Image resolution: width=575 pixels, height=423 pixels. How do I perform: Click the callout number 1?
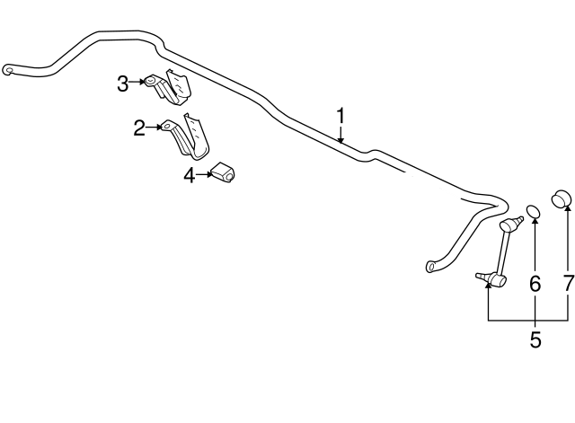[341, 115]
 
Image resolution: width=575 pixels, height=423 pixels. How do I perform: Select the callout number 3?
[123, 84]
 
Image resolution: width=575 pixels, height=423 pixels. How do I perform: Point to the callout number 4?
[190, 175]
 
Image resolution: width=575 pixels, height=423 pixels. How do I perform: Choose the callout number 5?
[535, 340]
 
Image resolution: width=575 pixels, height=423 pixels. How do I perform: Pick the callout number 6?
[535, 285]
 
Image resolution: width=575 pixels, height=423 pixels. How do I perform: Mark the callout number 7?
[568, 285]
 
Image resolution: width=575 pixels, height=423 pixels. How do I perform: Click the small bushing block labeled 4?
[223, 172]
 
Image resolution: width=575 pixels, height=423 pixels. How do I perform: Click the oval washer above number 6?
[534, 211]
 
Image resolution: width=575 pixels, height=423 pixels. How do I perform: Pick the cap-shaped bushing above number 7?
[563, 198]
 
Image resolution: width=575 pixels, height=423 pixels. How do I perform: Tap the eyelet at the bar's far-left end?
[8, 68]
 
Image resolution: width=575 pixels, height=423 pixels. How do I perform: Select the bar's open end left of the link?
[431, 266]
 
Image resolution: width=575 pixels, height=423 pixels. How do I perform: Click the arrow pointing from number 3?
[139, 83]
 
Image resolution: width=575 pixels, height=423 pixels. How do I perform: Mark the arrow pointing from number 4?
[204, 174]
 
